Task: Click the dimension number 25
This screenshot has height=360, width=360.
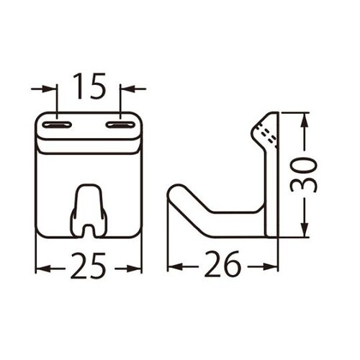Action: point(89,267)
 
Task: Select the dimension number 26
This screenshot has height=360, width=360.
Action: point(222,267)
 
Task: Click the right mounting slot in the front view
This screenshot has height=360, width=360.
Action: point(121,125)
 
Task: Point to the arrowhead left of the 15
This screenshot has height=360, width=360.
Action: point(51,89)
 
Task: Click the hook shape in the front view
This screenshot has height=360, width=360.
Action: point(89,209)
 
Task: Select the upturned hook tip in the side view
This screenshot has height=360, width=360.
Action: point(176,194)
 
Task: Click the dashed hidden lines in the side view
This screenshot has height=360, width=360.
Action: point(268,135)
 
